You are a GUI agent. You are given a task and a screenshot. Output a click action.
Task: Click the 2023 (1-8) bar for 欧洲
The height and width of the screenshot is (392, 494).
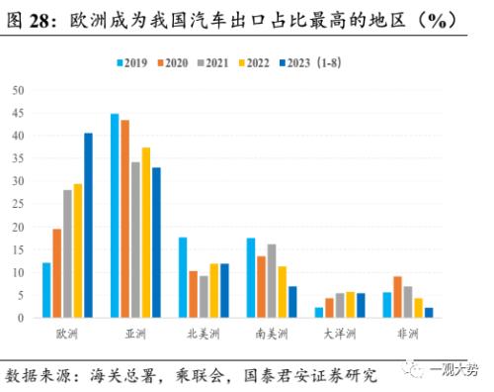(88, 226)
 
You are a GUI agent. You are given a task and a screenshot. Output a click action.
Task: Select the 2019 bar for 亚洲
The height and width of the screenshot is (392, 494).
(115, 216)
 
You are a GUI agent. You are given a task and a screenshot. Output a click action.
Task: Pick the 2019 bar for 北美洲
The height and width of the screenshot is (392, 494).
(183, 277)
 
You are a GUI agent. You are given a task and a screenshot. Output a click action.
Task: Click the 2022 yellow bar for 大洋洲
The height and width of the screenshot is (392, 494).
(350, 305)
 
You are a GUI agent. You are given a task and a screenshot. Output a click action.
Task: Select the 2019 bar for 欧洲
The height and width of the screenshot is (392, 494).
(46, 290)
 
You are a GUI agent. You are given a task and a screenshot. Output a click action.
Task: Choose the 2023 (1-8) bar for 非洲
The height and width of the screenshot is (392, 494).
(429, 313)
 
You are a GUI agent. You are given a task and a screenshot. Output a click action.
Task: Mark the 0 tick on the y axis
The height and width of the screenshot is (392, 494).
(21, 318)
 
